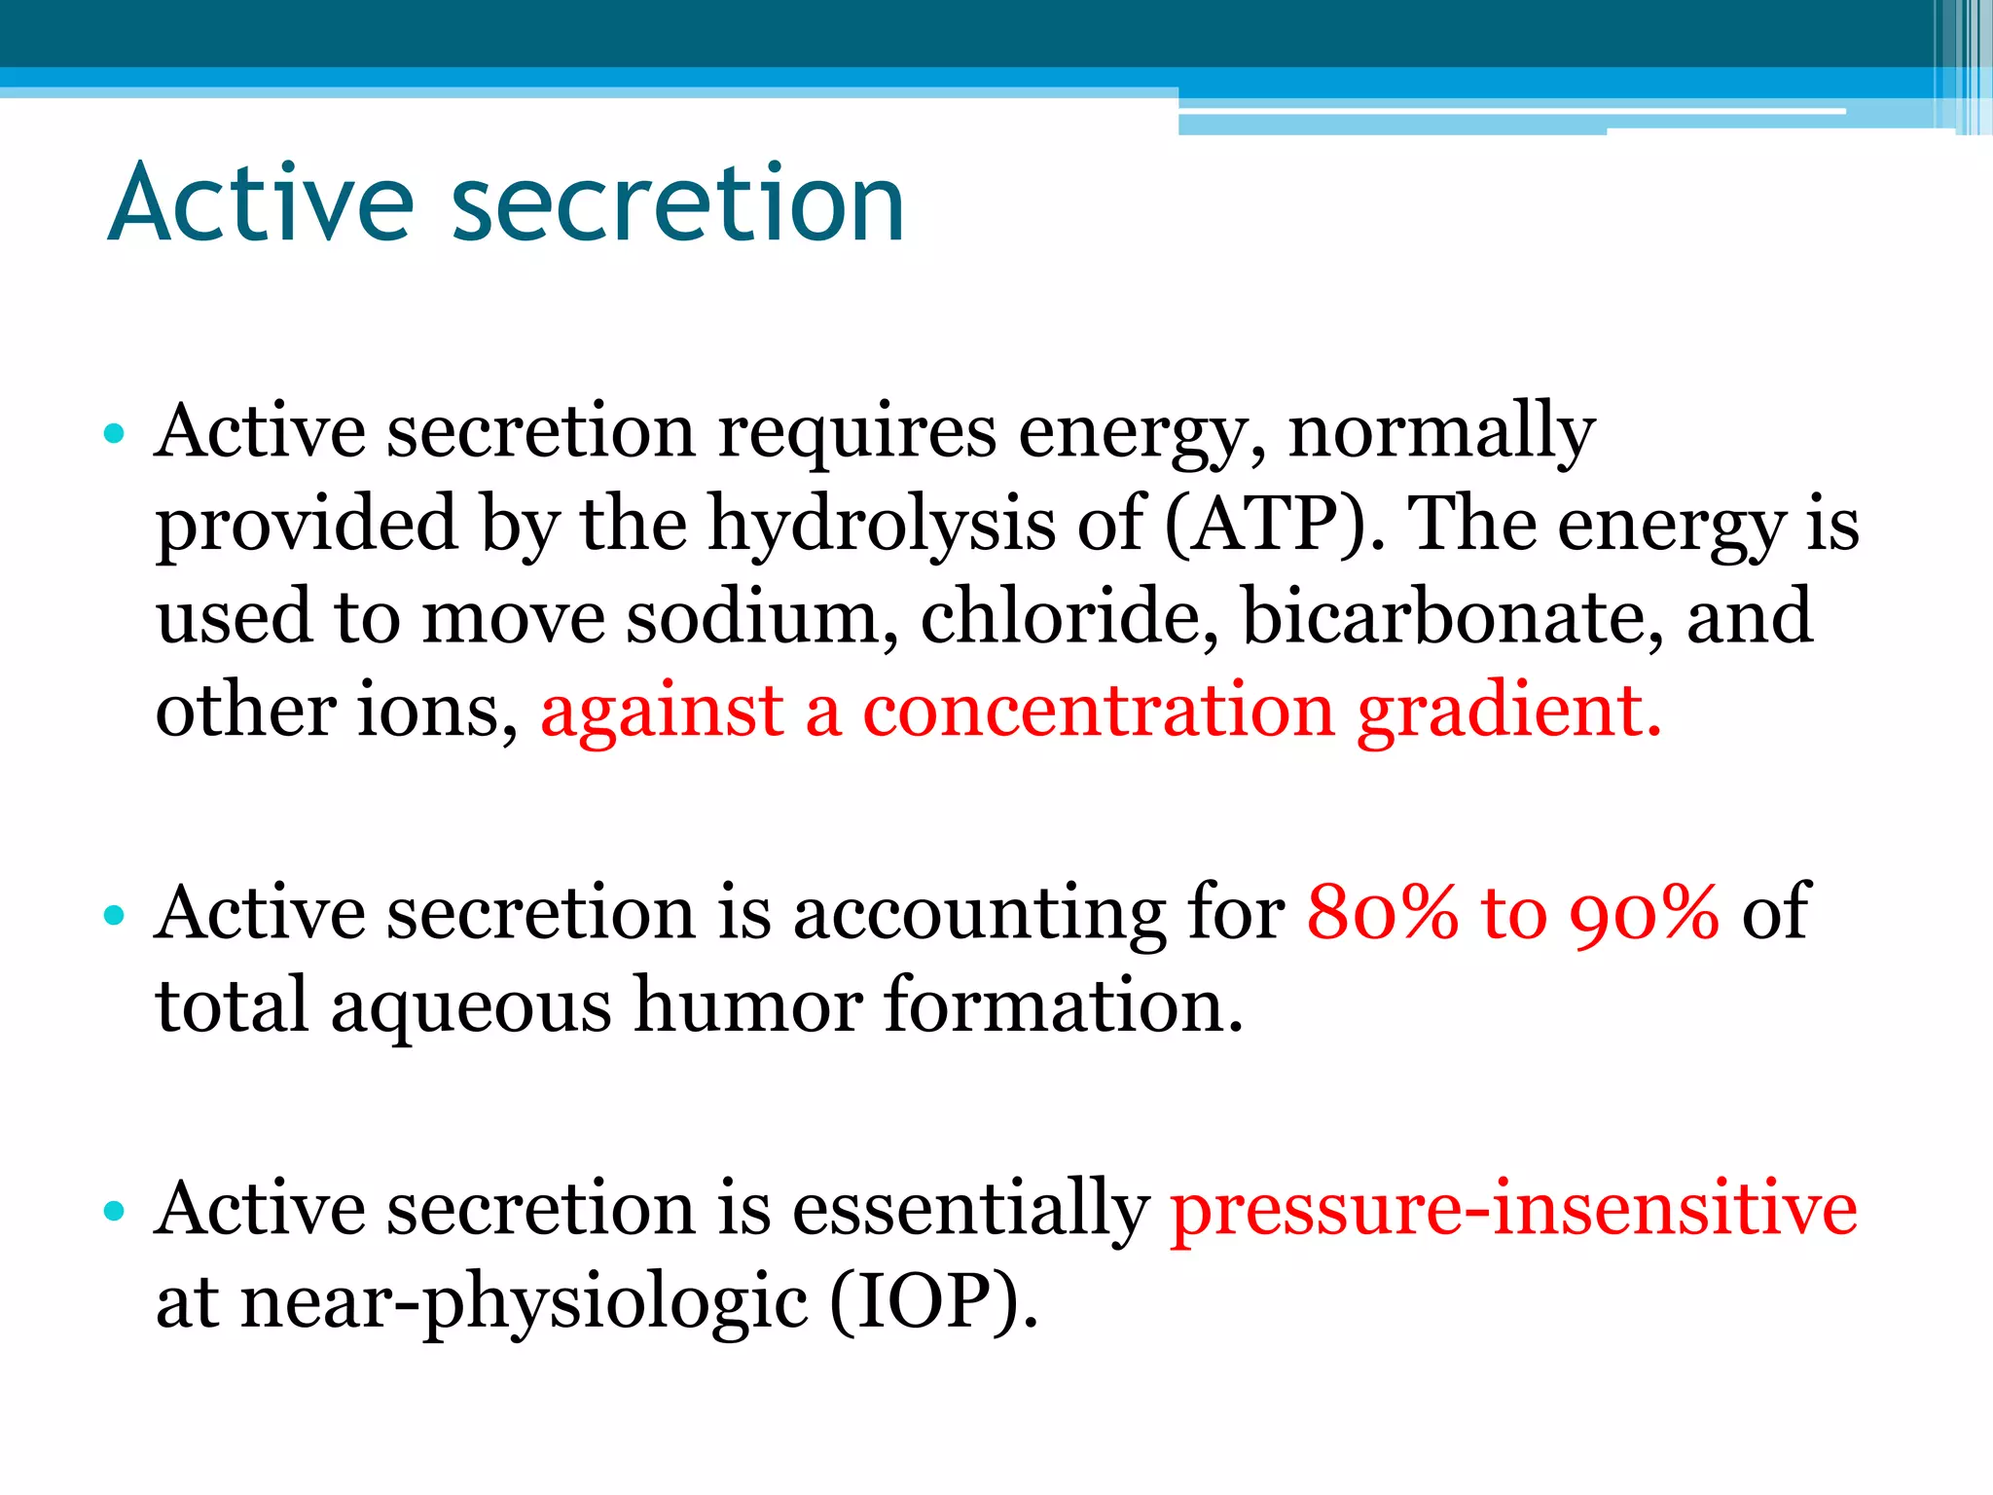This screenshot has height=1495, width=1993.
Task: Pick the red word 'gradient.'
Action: (1509, 711)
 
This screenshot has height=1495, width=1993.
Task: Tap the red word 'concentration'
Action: (1099, 711)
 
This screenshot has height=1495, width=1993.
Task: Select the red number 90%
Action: (1645, 913)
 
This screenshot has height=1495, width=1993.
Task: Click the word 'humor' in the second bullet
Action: (747, 1005)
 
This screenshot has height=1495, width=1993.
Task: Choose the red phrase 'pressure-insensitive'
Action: (1513, 1210)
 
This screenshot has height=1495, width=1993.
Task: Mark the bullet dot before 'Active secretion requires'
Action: (115, 433)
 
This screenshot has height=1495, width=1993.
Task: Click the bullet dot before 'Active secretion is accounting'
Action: (115, 915)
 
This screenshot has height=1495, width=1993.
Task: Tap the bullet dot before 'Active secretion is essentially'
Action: (115, 1211)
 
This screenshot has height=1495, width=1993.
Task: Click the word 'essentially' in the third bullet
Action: (970, 1210)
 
